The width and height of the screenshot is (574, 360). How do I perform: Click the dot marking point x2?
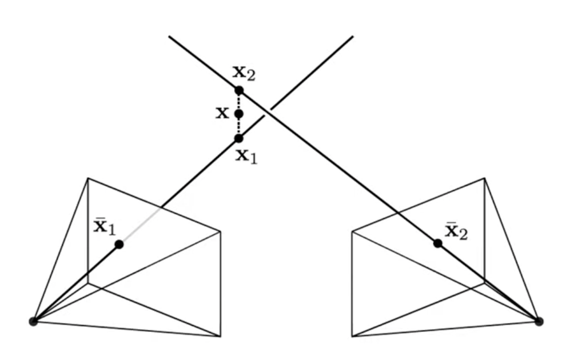239,90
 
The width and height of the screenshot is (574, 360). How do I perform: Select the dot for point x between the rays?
239,114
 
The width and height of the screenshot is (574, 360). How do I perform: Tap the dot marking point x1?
239,138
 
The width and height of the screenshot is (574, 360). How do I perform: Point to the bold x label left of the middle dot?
222,113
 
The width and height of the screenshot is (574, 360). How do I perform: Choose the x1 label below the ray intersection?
247,156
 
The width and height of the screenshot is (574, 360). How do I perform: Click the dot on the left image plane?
119,245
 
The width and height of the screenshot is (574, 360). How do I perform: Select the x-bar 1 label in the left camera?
105,227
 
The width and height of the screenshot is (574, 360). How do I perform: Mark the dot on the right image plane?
437,243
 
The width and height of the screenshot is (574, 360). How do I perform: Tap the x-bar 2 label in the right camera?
456,231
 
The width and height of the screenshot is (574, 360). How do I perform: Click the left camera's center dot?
33,321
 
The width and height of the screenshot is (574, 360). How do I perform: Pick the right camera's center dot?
538,321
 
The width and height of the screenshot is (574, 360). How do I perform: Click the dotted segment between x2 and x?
239,102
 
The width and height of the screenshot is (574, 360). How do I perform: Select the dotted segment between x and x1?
239,126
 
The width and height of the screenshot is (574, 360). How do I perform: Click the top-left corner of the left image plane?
88,178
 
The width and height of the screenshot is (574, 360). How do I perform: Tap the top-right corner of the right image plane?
485,178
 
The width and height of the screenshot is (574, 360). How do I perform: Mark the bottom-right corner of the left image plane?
220,337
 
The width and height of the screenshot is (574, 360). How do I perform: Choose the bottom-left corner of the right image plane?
352,337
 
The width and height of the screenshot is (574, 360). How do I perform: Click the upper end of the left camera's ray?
352,37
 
